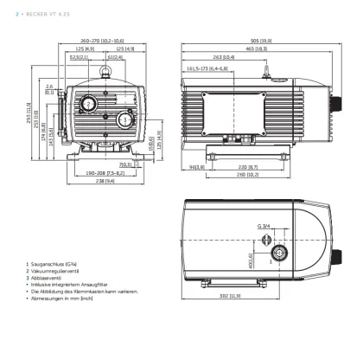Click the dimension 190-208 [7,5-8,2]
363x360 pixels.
click(105, 173)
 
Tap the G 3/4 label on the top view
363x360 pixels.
click(262, 228)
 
